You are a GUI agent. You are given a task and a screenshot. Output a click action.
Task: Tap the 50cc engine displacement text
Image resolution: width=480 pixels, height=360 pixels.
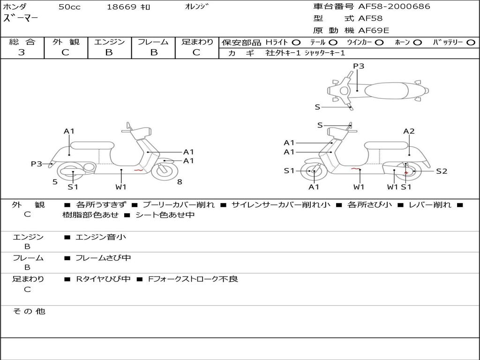pos(69,7)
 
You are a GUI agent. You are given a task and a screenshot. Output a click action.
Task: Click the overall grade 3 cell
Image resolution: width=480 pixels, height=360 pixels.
pos(22,52)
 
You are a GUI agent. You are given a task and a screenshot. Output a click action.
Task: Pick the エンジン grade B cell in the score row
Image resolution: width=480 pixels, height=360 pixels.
pos(109,52)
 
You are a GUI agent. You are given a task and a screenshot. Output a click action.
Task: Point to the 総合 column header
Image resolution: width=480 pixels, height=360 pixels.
pos(22,42)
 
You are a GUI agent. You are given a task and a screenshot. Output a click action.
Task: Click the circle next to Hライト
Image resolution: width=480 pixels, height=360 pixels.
pos(296,43)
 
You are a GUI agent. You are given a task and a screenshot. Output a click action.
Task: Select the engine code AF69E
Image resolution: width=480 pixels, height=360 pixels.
pos(374,31)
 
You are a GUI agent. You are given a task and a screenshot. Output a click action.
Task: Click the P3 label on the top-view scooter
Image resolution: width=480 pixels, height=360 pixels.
pos(359,66)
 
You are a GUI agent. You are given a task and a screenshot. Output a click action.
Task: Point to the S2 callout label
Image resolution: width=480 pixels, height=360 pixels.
pos(442,172)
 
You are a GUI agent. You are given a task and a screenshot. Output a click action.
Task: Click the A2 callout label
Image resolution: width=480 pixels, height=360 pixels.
pos(409,131)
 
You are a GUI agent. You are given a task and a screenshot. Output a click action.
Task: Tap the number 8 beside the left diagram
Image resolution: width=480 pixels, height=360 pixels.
pos(180,182)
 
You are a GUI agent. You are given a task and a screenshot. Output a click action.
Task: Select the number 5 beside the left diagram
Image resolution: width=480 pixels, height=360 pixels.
pos(55,182)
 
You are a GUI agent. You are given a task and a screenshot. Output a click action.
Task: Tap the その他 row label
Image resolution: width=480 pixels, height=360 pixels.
pos(29,311)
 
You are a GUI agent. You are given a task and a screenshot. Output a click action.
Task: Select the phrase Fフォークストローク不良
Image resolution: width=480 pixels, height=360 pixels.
pos(193,279)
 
